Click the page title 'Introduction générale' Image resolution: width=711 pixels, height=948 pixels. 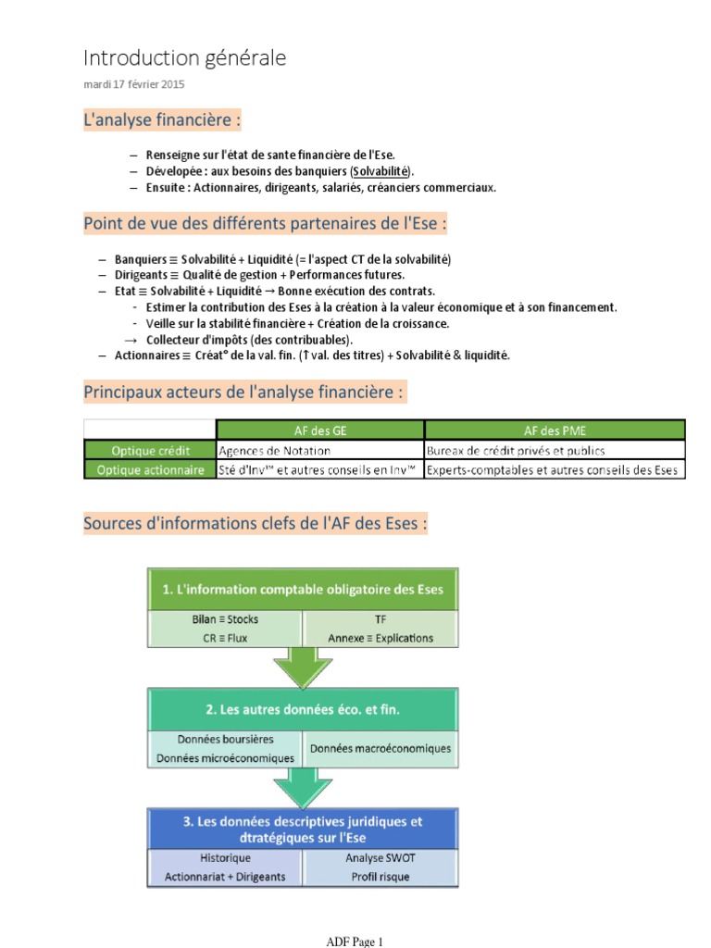coord(184,58)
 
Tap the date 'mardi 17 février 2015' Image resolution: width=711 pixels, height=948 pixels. coord(134,84)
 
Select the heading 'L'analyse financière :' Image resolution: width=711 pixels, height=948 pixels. coord(162,119)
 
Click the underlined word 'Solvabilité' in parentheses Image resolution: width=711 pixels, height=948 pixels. coord(381,172)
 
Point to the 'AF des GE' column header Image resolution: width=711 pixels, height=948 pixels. coord(319,430)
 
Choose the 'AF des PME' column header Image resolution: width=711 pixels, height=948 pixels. coord(555,430)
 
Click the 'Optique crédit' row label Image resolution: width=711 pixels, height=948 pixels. coord(150,450)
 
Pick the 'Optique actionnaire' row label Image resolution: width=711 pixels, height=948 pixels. coord(150,470)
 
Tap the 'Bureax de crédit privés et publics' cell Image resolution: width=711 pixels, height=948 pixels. coord(516,450)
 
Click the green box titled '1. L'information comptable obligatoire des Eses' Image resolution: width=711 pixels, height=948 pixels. coord(303,590)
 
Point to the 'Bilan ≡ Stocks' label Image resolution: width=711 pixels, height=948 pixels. coord(225,619)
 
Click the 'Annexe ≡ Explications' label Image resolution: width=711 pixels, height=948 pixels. coord(380,638)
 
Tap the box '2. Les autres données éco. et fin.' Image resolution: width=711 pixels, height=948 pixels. coord(303,710)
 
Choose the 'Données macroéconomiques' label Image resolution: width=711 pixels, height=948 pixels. coord(380,748)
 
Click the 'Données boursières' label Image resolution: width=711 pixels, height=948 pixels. coord(225,740)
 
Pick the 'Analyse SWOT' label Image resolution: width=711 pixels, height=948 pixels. coord(380,858)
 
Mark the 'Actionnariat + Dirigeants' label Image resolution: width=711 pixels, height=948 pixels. coord(225,876)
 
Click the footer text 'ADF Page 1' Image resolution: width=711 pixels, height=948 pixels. coord(355,942)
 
